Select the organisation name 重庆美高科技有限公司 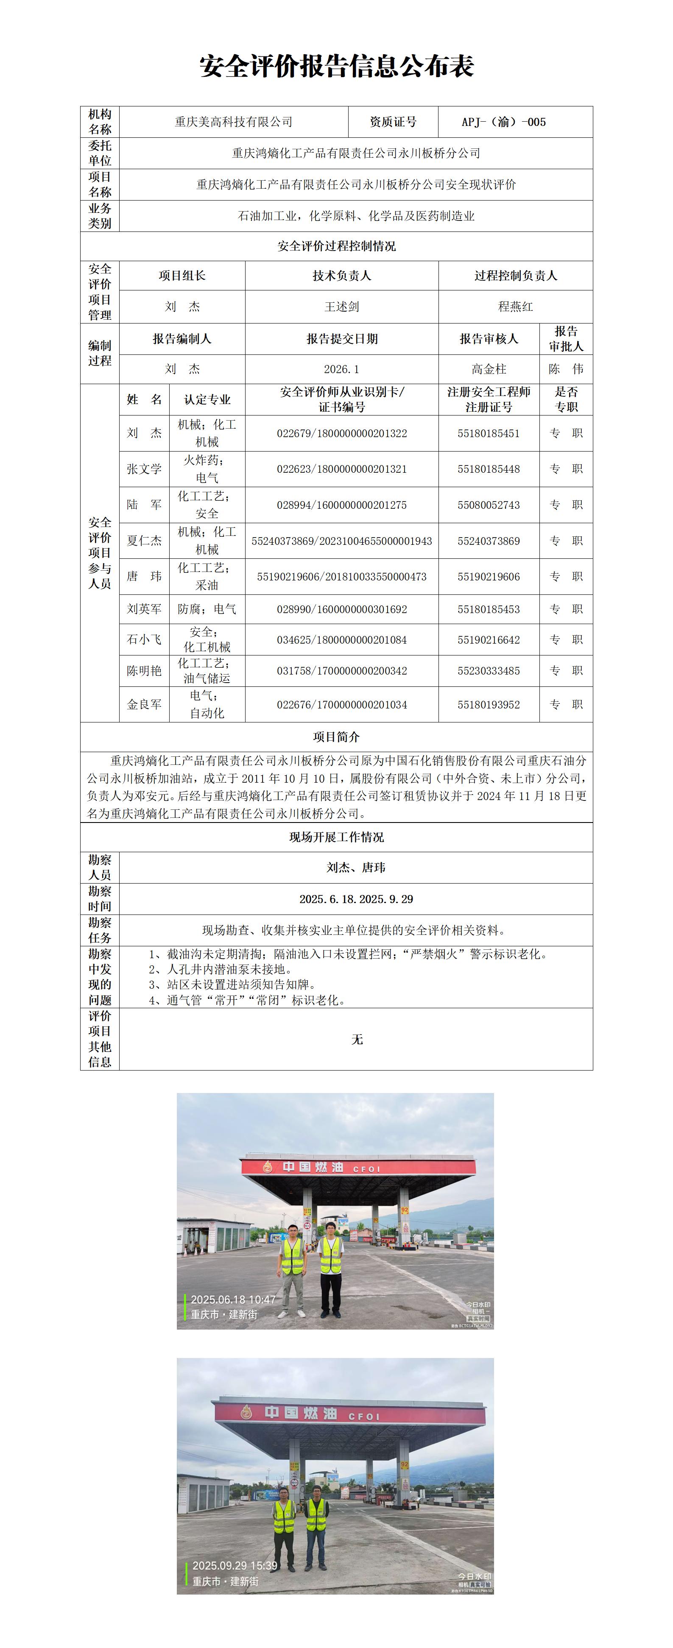234,122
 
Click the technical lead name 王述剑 342,307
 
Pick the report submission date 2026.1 342,369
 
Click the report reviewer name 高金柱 489,369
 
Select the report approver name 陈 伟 566,369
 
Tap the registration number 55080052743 489,505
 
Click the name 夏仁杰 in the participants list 144,541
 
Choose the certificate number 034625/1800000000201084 342,640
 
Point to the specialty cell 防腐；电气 207,609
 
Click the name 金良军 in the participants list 144,704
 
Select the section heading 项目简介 337,737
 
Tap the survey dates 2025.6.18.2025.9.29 356,899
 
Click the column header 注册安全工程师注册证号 489,399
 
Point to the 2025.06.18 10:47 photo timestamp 233,1299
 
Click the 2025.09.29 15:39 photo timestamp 235,1565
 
